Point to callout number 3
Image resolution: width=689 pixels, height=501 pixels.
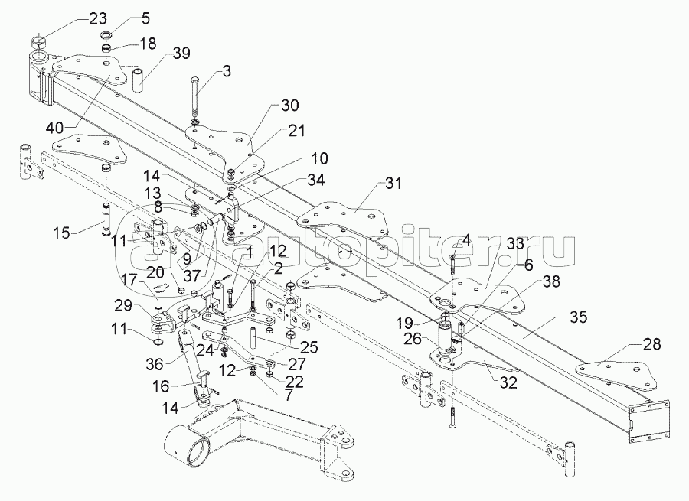226,72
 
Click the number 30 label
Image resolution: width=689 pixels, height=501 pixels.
269,106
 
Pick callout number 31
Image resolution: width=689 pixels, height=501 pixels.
393,184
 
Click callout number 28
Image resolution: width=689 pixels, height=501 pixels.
651,345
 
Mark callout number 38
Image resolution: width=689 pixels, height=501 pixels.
551,281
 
